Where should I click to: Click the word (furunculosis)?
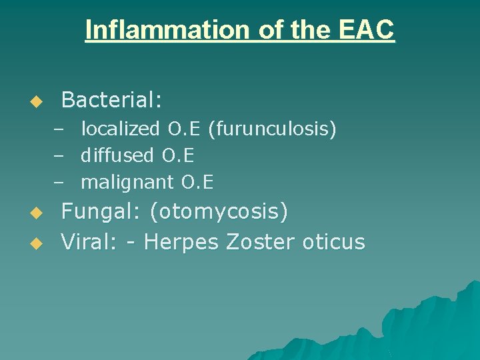(272, 128)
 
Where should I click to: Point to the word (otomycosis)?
(219, 212)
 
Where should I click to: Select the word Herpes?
(181, 241)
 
